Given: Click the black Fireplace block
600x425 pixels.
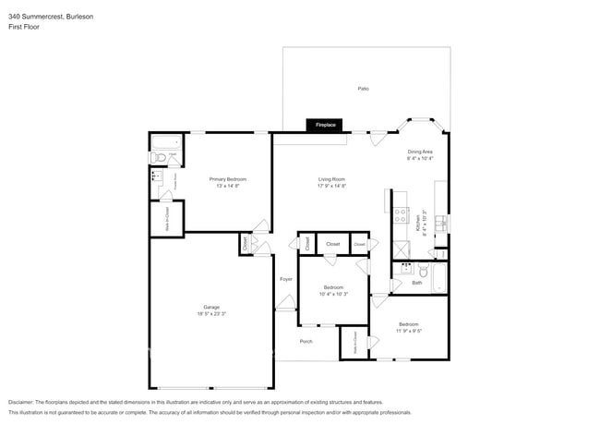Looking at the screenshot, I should click(x=326, y=125).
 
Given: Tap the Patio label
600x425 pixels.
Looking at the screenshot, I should click(x=364, y=89).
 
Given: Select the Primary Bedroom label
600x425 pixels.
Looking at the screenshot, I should click(x=227, y=179).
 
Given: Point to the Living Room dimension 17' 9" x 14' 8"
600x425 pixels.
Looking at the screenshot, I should click(x=331, y=187).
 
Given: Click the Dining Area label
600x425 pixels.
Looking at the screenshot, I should click(x=421, y=152).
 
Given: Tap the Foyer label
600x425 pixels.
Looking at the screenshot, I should click(x=286, y=278).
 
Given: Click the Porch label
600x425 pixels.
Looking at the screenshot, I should click(x=306, y=341).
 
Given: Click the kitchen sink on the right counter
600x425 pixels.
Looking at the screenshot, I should click(x=441, y=223).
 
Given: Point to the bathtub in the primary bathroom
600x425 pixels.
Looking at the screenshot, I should click(x=167, y=143).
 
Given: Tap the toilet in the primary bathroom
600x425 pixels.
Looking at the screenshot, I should click(x=158, y=158).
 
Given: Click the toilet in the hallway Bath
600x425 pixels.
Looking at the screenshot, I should click(x=422, y=271).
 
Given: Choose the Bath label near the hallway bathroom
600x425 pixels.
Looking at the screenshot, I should click(x=417, y=283).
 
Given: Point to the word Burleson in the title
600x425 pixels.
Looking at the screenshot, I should click(x=78, y=17).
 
